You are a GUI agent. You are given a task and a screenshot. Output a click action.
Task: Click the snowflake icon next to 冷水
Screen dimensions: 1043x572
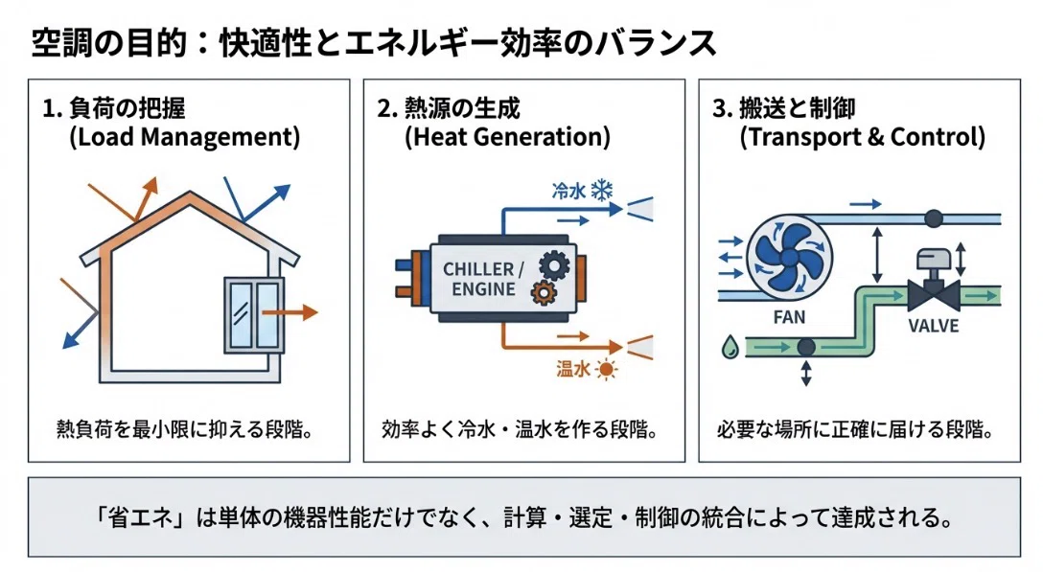[x=602, y=191]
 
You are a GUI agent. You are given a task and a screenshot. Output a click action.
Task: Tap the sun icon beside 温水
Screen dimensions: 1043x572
[x=606, y=369]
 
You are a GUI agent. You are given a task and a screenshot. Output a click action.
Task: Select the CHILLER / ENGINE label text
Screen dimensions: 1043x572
[x=483, y=280]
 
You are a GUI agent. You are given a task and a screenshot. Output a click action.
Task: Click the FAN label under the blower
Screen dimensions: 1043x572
[x=789, y=318]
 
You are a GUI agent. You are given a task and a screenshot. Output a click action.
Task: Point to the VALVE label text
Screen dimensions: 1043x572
[x=934, y=326]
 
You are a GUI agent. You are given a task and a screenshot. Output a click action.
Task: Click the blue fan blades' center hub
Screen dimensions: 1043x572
[x=789, y=257]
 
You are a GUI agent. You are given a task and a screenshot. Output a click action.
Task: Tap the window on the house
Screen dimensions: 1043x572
[x=253, y=315]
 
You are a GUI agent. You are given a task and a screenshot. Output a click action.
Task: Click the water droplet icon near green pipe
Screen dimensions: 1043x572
[x=730, y=347]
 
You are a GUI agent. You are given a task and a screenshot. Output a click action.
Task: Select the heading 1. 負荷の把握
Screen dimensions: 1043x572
[x=114, y=108]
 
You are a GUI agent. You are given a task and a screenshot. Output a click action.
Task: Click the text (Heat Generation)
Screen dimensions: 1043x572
[x=507, y=137]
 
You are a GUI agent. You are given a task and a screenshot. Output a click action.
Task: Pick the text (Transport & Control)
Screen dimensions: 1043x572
[x=862, y=137]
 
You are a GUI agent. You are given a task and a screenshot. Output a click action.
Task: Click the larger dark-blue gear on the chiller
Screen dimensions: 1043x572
[x=553, y=265]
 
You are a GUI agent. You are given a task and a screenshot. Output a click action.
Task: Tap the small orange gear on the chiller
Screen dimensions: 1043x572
[x=544, y=292]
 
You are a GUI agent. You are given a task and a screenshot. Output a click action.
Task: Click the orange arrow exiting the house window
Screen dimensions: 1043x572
[x=290, y=311]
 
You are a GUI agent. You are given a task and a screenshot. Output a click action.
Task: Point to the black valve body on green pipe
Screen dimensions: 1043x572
[x=934, y=294]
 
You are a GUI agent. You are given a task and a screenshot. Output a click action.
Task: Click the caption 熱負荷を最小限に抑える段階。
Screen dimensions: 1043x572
[x=184, y=429]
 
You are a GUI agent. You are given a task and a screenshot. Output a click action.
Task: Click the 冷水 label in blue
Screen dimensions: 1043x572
[x=568, y=192]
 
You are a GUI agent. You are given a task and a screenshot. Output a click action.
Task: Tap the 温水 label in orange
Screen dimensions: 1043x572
[x=573, y=369]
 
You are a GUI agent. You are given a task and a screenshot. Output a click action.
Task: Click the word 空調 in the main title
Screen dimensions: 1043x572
[x=56, y=42]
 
